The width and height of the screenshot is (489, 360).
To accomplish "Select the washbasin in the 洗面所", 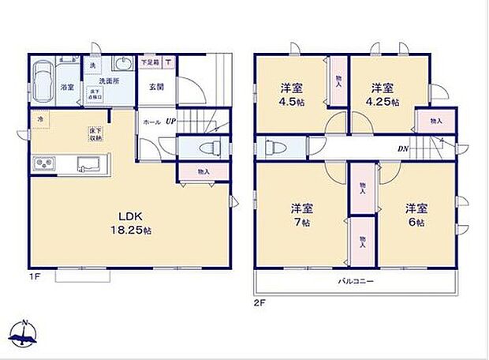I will tap(125, 66).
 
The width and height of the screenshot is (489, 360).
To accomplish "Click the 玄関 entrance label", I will tap(155, 87).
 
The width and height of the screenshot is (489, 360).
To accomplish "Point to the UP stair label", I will tap(170, 122).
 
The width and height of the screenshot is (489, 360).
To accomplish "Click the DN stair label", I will tap(402, 148).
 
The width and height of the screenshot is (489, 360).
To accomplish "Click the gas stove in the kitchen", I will tap(44, 164).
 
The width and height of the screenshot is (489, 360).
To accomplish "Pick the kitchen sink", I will tap(87, 164).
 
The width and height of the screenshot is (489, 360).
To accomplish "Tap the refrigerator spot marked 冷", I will tap(39, 119).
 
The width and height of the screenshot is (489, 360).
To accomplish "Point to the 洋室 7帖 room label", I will tap(301, 215).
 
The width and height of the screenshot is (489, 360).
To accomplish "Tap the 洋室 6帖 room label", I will tap(416, 215).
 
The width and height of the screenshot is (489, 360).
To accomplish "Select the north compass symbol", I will tap(24, 332).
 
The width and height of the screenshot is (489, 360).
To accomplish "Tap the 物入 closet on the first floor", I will tap(203, 171).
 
